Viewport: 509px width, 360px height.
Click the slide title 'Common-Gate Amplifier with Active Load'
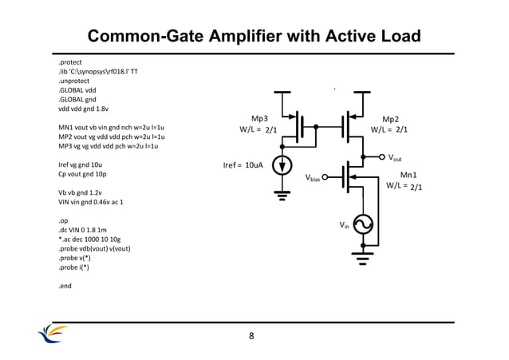(x=254, y=37)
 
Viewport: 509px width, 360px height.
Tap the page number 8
(x=252, y=335)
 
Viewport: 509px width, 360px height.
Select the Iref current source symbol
(x=282, y=165)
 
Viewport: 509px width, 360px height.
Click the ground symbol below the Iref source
(x=282, y=192)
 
